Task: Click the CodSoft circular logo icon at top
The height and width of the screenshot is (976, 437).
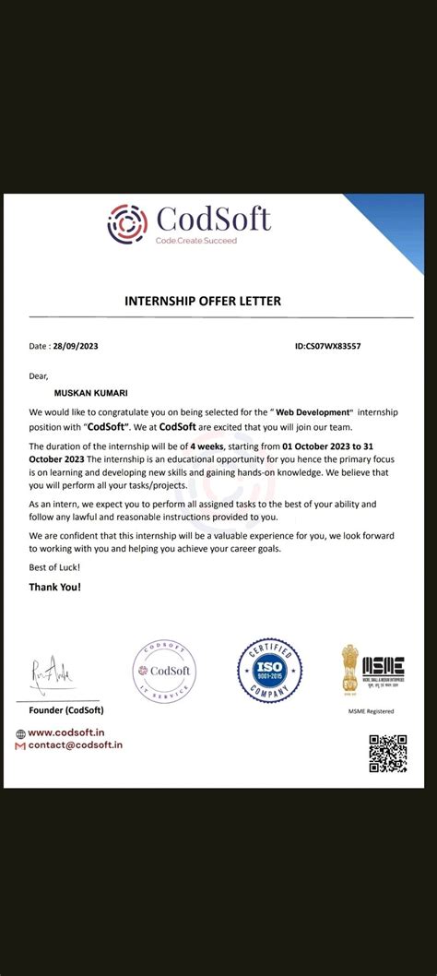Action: [126, 222]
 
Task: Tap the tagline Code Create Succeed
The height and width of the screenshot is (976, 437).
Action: [196, 240]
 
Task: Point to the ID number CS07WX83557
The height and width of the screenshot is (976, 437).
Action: [327, 346]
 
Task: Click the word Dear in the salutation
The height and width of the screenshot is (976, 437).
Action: [39, 375]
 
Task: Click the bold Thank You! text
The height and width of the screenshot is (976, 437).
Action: [54, 586]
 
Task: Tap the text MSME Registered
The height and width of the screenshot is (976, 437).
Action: [371, 711]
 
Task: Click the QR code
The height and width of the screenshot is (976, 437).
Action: [387, 753]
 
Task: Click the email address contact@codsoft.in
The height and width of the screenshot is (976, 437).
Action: [74, 744]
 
